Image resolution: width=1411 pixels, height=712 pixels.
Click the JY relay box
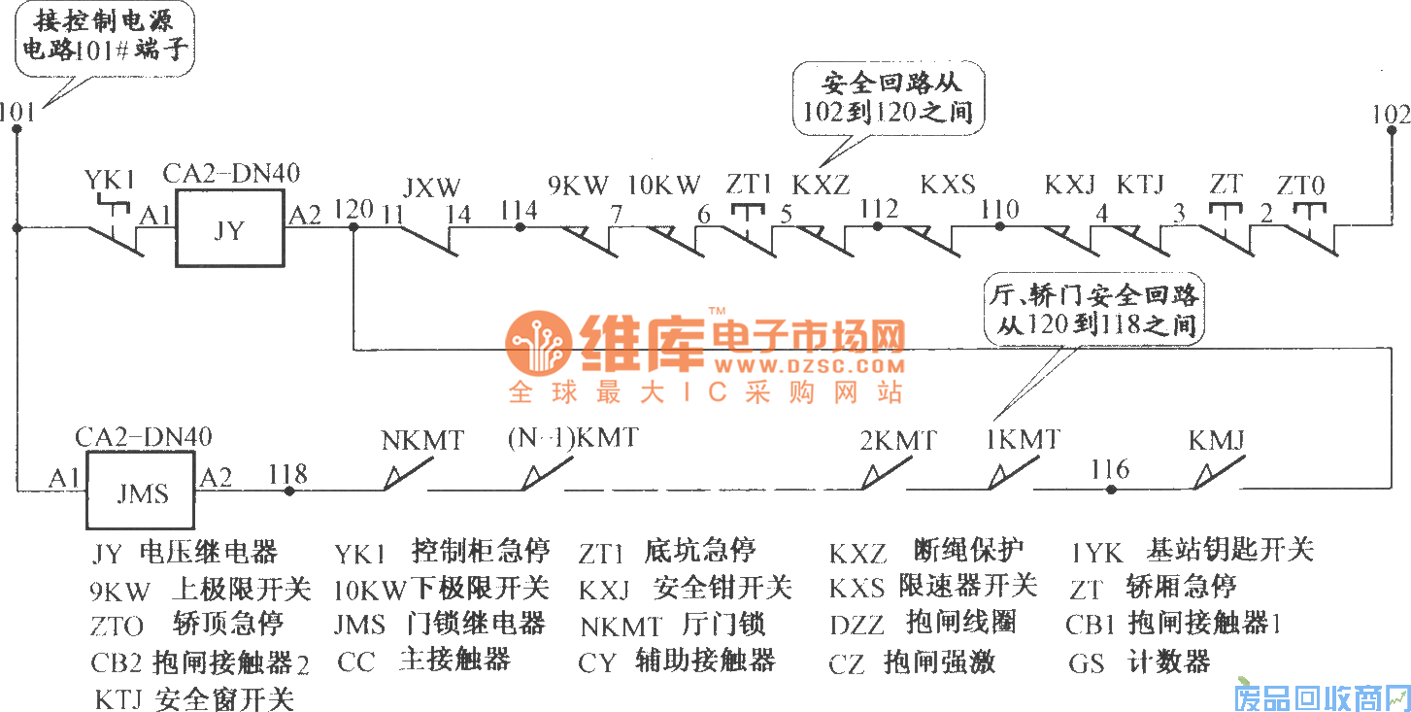[x=229, y=229]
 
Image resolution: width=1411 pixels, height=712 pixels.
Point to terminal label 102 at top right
[x=1391, y=114]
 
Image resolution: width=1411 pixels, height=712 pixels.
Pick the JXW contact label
[x=431, y=186]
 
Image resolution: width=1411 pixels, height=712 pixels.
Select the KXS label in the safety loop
[x=948, y=184]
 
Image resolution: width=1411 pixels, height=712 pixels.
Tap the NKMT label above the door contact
[x=423, y=440]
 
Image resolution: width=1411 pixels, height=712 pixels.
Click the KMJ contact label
[x=1217, y=440]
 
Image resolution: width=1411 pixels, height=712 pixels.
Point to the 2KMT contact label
[x=898, y=440]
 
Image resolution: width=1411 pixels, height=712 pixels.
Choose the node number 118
[x=287, y=473]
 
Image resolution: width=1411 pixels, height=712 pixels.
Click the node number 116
[x=1110, y=470]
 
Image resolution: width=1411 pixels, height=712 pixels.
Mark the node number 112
[x=879, y=209]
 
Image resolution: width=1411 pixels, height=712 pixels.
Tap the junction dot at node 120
[x=353, y=227]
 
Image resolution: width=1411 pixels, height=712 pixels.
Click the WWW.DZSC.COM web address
[x=809, y=366]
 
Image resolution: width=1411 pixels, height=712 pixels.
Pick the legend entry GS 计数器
[x=1139, y=663]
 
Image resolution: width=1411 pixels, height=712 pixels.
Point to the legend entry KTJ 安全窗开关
[x=194, y=698]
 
